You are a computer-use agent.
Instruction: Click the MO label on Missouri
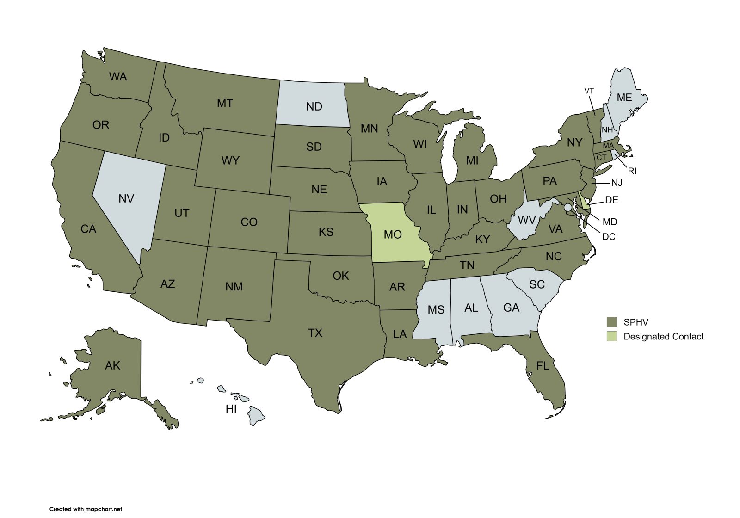click(393, 234)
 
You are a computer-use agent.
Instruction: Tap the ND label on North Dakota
click(314, 107)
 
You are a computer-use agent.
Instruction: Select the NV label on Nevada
click(126, 199)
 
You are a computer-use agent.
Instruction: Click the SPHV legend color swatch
click(612, 322)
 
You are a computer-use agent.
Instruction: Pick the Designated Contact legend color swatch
click(612, 337)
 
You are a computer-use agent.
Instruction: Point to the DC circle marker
click(568, 208)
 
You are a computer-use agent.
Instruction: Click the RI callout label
click(632, 171)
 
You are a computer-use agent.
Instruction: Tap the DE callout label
click(611, 200)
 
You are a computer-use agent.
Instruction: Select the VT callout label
click(589, 91)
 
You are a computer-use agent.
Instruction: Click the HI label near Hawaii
click(231, 409)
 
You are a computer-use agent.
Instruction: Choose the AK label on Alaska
click(112, 366)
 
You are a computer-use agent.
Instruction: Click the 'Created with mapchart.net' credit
click(86, 509)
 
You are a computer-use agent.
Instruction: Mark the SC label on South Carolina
click(537, 284)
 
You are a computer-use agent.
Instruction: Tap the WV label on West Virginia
click(526, 220)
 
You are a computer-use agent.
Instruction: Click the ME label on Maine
click(624, 98)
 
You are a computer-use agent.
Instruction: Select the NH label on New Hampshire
click(607, 130)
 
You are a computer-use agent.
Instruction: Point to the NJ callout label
click(617, 183)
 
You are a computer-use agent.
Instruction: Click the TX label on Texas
click(315, 333)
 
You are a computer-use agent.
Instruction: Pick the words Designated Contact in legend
click(663, 337)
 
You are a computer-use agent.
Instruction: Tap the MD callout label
click(610, 222)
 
